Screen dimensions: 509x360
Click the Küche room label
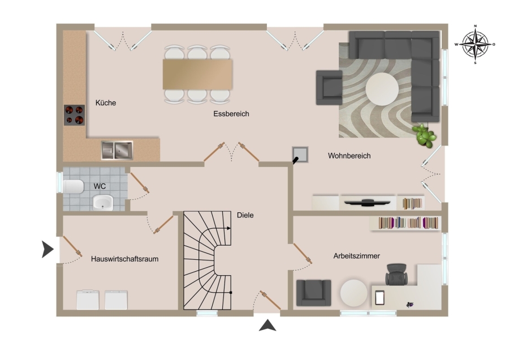click(x=106, y=102)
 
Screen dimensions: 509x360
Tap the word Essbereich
click(x=231, y=114)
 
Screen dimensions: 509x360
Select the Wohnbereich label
click(x=350, y=156)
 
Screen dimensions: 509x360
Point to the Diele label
click(x=245, y=215)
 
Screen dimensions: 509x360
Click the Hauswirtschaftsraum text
click(x=124, y=259)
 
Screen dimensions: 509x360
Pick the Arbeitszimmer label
click(x=356, y=256)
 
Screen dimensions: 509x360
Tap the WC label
click(x=100, y=186)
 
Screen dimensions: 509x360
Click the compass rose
click(x=475, y=44)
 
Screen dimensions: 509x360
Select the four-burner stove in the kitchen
click(x=74, y=115)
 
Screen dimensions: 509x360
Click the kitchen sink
click(x=117, y=151)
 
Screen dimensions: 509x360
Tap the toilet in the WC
click(x=74, y=186)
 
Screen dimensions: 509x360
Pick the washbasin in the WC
click(x=103, y=203)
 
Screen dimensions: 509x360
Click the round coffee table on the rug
click(x=382, y=89)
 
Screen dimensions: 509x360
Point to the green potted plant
click(x=424, y=135)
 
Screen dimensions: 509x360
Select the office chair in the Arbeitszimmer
click(x=396, y=275)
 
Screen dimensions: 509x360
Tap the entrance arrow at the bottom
click(x=268, y=325)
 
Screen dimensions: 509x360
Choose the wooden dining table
click(x=197, y=74)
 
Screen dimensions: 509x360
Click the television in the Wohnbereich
click(x=367, y=203)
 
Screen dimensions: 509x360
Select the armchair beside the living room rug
click(x=329, y=88)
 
